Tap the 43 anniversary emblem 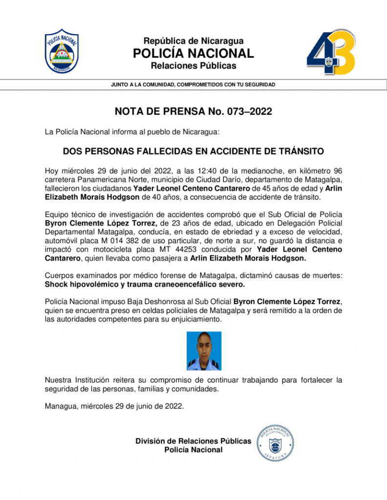(330, 52)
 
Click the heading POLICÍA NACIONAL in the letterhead (193, 53)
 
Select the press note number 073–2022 (249, 111)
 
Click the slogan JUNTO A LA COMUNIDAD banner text (193, 84)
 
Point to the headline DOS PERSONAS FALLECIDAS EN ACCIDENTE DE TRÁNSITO (193, 151)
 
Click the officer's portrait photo (204, 351)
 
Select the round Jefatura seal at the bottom (275, 443)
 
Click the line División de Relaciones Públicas (193, 441)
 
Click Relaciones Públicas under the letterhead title (193, 65)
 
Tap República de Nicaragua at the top (193, 41)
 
